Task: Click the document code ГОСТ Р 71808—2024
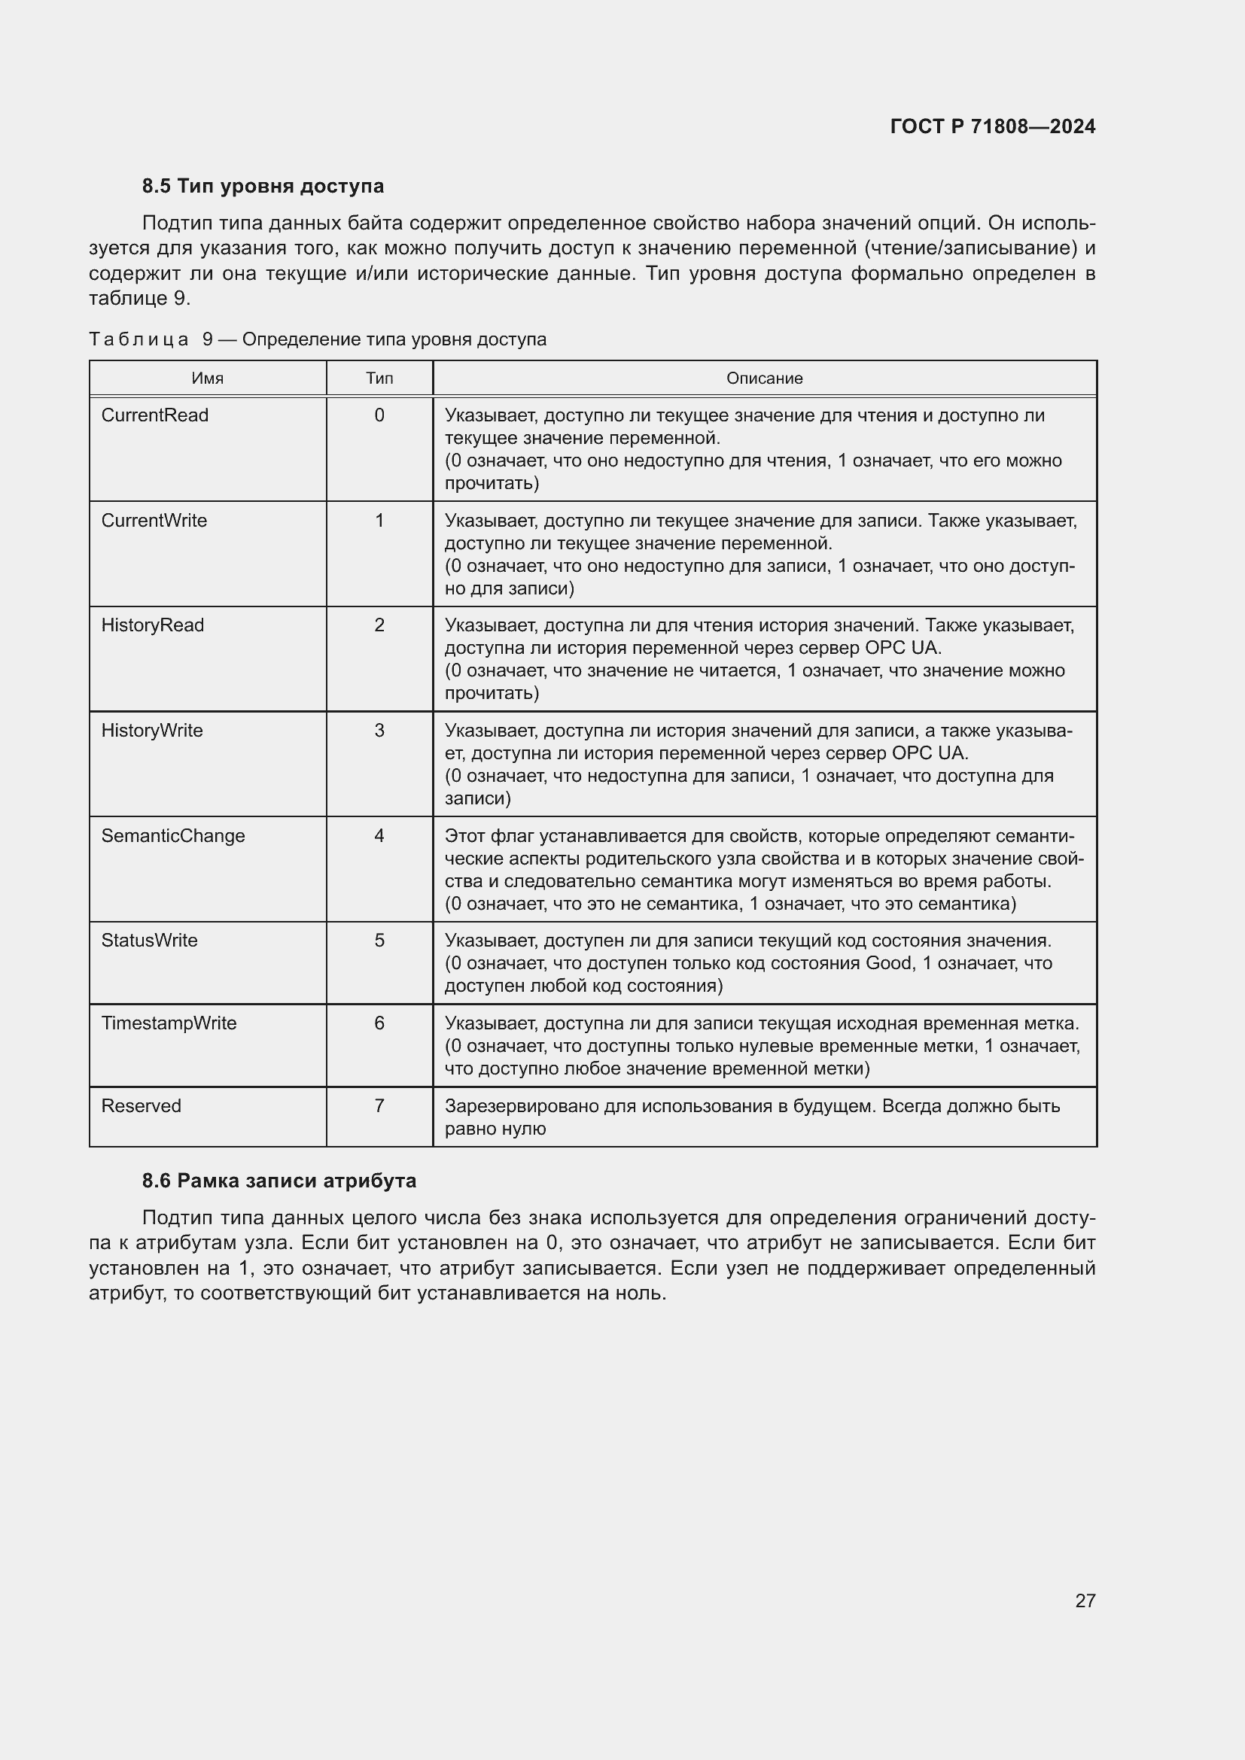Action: [x=992, y=126]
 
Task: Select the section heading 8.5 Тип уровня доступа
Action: [x=263, y=187]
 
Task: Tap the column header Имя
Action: [x=207, y=378]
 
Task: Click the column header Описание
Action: [x=763, y=378]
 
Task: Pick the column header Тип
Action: [x=379, y=378]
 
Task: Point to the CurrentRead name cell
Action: [x=155, y=415]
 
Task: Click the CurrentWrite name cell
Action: [x=154, y=521]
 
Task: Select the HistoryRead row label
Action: [x=153, y=625]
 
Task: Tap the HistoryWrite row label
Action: [x=152, y=731]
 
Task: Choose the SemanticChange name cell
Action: [x=173, y=835]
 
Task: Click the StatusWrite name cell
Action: [x=150, y=941]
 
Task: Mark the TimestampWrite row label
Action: [x=169, y=1023]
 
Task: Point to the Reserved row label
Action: [x=141, y=1106]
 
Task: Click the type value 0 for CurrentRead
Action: [x=379, y=415]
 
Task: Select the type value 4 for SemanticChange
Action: [x=379, y=835]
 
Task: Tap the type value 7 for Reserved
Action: [x=379, y=1106]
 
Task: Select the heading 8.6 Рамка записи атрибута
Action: [x=279, y=1181]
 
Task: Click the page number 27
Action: [x=1085, y=1600]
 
